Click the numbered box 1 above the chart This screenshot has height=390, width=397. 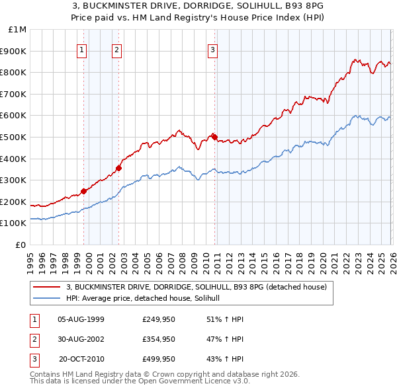(x=81, y=49)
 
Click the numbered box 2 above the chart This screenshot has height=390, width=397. (x=116, y=49)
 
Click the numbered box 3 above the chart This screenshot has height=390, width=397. (x=212, y=49)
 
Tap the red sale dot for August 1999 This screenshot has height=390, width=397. (x=84, y=191)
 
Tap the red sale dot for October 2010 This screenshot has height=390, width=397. (x=215, y=137)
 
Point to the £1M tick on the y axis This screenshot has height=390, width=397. (x=18, y=30)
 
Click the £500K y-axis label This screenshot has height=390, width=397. (x=14, y=137)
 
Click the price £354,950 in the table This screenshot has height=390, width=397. (x=159, y=339)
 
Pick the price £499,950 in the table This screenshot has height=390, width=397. (x=159, y=359)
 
